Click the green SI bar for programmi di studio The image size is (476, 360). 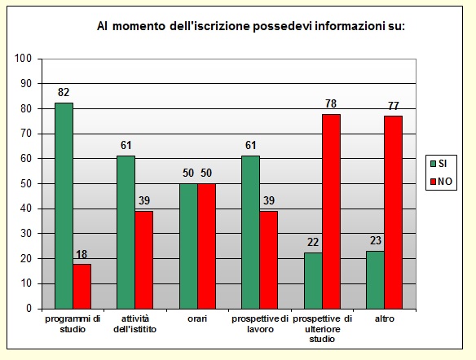coord(64,205)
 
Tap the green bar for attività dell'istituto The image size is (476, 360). coord(126,232)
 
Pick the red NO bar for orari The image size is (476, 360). coord(206,246)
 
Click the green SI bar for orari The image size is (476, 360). coord(188,246)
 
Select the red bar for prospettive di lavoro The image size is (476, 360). coord(269,260)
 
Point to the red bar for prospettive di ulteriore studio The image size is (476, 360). coord(331,211)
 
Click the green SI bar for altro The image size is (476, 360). coord(375,279)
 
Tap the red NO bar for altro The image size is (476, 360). coord(393,212)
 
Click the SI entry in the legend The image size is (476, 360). coord(439,164)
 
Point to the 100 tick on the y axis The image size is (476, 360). coord(23,59)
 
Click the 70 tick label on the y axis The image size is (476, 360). coord(25,134)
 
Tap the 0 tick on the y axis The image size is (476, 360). coord(28,309)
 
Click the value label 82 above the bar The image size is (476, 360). coord(64,94)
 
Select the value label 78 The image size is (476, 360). coord(331,104)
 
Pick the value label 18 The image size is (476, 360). coord(82,255)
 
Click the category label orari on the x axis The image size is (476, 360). coord(197,318)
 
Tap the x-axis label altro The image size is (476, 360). coord(384,318)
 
